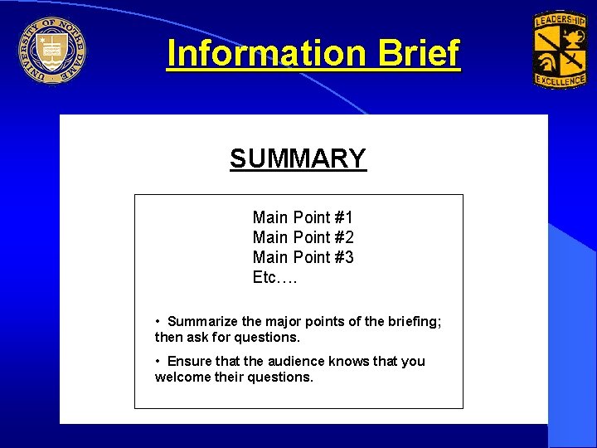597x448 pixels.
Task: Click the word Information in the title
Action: point(266,54)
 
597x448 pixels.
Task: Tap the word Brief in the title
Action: point(418,54)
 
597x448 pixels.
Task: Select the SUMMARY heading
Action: point(298,158)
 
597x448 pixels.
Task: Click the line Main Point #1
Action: point(303,217)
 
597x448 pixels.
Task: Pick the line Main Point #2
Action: point(303,237)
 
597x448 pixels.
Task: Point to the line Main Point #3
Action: point(303,257)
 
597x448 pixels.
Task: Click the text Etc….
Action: point(274,277)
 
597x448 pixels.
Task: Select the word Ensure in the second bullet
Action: point(190,361)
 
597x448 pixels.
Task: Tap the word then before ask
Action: point(169,337)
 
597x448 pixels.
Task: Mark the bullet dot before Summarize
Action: point(158,321)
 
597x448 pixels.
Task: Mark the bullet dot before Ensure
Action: point(158,361)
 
